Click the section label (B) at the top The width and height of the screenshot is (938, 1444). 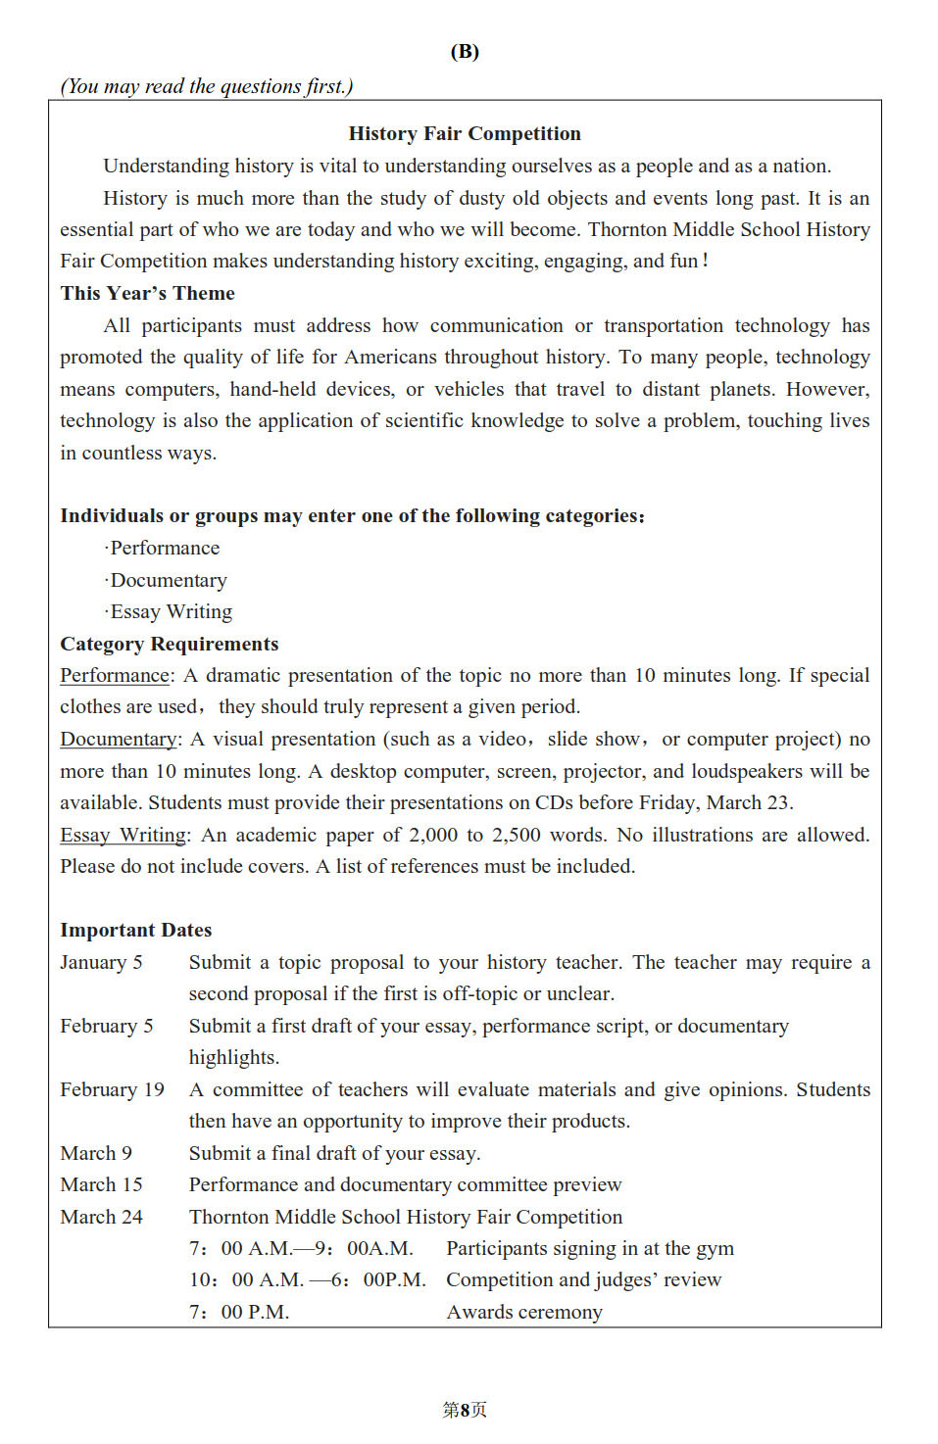click(x=465, y=52)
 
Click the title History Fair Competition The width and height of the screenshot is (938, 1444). click(x=465, y=133)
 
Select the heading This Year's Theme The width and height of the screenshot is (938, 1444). click(x=147, y=293)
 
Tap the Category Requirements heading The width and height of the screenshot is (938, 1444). click(x=169, y=644)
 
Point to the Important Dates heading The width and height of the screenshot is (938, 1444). click(x=135, y=930)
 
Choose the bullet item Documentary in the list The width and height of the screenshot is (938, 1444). click(x=168, y=580)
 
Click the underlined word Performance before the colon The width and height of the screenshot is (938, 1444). click(x=115, y=675)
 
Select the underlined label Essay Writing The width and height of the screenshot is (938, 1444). click(x=123, y=835)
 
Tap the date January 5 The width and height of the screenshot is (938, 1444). click(x=101, y=962)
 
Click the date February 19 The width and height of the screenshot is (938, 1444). click(x=112, y=1089)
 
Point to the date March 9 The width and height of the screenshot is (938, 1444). click(x=96, y=1153)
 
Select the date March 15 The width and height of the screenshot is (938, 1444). click(x=101, y=1184)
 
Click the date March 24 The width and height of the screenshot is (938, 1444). click(x=101, y=1217)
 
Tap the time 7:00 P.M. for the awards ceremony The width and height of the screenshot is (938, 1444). click(x=239, y=1312)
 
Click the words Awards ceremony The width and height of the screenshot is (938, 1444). click(x=524, y=1312)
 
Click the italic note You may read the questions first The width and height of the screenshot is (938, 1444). click(x=207, y=86)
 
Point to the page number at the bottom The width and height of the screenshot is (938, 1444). click(x=465, y=1410)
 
